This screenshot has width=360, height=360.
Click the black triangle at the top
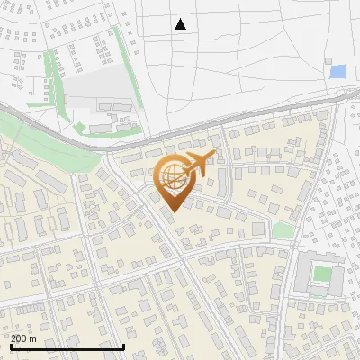click(180, 24)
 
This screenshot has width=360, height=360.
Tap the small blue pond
click(337, 72)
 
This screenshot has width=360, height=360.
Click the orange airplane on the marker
click(199, 163)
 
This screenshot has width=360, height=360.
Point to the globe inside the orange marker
click(171, 177)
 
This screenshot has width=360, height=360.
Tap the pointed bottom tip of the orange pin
click(171, 211)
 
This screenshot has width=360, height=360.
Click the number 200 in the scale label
click(20, 338)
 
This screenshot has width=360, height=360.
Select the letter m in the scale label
click(33, 338)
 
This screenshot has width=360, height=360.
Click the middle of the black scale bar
click(67, 346)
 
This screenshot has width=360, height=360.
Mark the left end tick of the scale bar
click(12, 346)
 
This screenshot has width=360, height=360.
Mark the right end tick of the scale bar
click(123, 346)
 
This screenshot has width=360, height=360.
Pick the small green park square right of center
click(283, 231)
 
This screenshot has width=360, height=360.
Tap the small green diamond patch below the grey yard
click(80, 127)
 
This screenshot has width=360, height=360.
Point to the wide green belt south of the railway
click(45, 144)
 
